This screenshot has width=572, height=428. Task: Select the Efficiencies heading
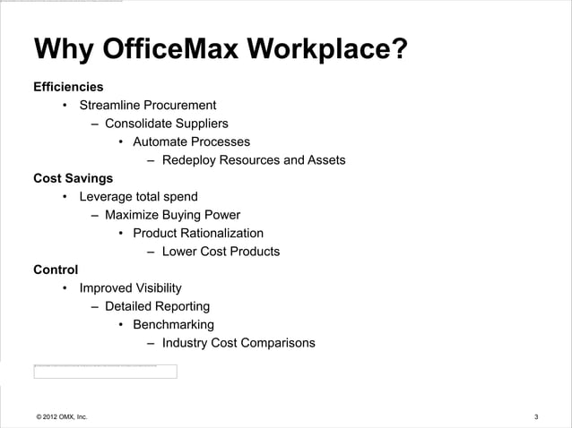point(68,87)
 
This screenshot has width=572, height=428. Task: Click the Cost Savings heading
point(74,178)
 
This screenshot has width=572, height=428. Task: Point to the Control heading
point(56,270)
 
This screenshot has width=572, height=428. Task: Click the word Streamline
point(111,106)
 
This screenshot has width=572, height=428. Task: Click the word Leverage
point(106,197)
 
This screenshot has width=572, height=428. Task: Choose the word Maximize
point(134,215)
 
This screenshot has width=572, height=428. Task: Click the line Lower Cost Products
point(221,252)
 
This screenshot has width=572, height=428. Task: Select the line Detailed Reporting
point(157,306)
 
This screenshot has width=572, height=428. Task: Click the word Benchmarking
point(173,324)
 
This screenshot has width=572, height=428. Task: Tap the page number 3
point(535,417)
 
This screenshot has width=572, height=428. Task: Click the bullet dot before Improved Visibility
point(65,288)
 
